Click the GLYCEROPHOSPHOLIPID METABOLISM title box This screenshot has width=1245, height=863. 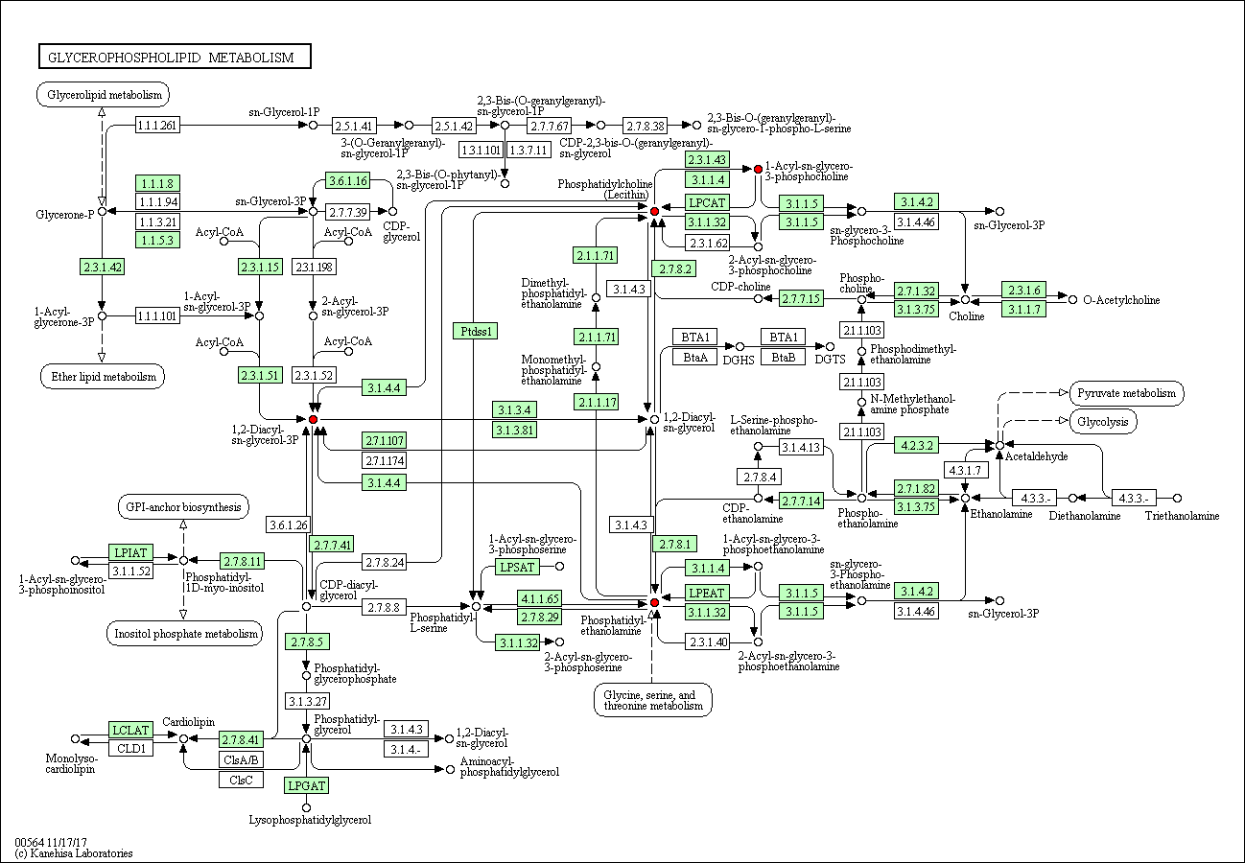[x=175, y=57]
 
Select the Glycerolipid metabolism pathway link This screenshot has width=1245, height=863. [x=104, y=95]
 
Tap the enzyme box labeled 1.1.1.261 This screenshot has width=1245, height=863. [x=157, y=125]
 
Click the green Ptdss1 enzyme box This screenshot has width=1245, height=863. [x=475, y=331]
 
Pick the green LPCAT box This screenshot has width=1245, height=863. [x=707, y=203]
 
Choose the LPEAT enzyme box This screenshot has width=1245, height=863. [x=707, y=593]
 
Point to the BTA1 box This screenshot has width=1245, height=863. [x=694, y=337]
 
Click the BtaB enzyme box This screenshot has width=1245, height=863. [x=783, y=357]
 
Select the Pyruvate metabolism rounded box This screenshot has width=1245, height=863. [x=1127, y=393]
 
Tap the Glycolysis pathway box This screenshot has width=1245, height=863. [x=1103, y=421]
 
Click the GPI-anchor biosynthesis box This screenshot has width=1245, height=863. [x=183, y=507]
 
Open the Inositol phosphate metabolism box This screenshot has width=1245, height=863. [x=184, y=634]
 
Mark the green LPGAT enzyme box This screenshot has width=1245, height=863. [x=306, y=785]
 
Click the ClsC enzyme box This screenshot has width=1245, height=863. [x=241, y=780]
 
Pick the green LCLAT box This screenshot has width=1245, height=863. [x=130, y=730]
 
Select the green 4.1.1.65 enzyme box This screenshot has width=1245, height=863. [x=540, y=598]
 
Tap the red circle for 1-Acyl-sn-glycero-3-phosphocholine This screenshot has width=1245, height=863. [x=758, y=169]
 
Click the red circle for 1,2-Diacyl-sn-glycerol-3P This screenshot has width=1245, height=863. [x=313, y=420]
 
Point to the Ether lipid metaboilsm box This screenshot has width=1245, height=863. [x=103, y=376]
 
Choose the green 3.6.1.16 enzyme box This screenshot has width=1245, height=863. [x=348, y=180]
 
